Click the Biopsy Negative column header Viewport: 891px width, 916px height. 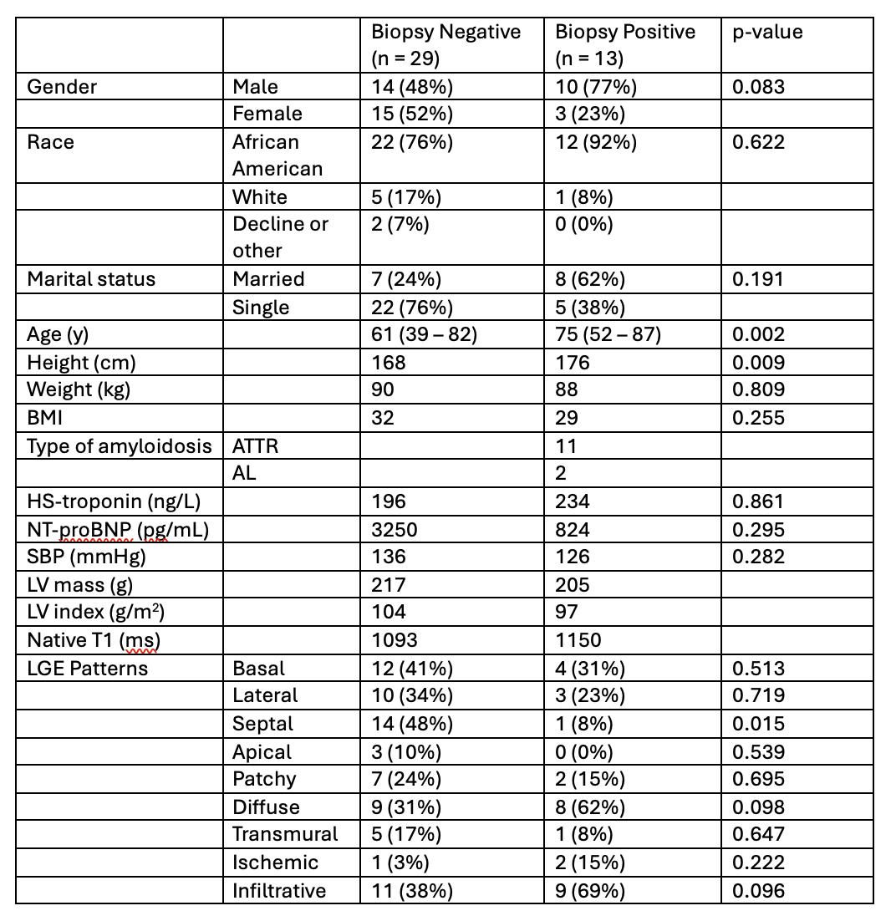pyautogui.click(x=446, y=45)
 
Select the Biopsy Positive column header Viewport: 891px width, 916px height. pyautogui.click(x=625, y=45)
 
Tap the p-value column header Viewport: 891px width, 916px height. pyautogui.click(x=766, y=32)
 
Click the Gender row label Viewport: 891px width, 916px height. pyautogui.click(x=62, y=87)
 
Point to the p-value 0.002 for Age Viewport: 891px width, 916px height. pyautogui.click(x=758, y=334)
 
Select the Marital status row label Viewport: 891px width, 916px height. pyautogui.click(x=91, y=279)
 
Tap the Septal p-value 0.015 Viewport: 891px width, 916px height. pyautogui.click(x=758, y=723)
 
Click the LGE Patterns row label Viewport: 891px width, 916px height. pyautogui.click(x=87, y=668)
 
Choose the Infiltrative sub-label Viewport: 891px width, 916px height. pyautogui.click(x=279, y=890)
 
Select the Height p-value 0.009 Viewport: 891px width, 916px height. pyautogui.click(x=758, y=363)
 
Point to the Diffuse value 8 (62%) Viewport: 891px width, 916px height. pyautogui.click(x=590, y=807)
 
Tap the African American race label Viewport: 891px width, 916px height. pyautogui.click(x=266, y=155)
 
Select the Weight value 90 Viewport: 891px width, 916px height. pyautogui.click(x=383, y=389)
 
